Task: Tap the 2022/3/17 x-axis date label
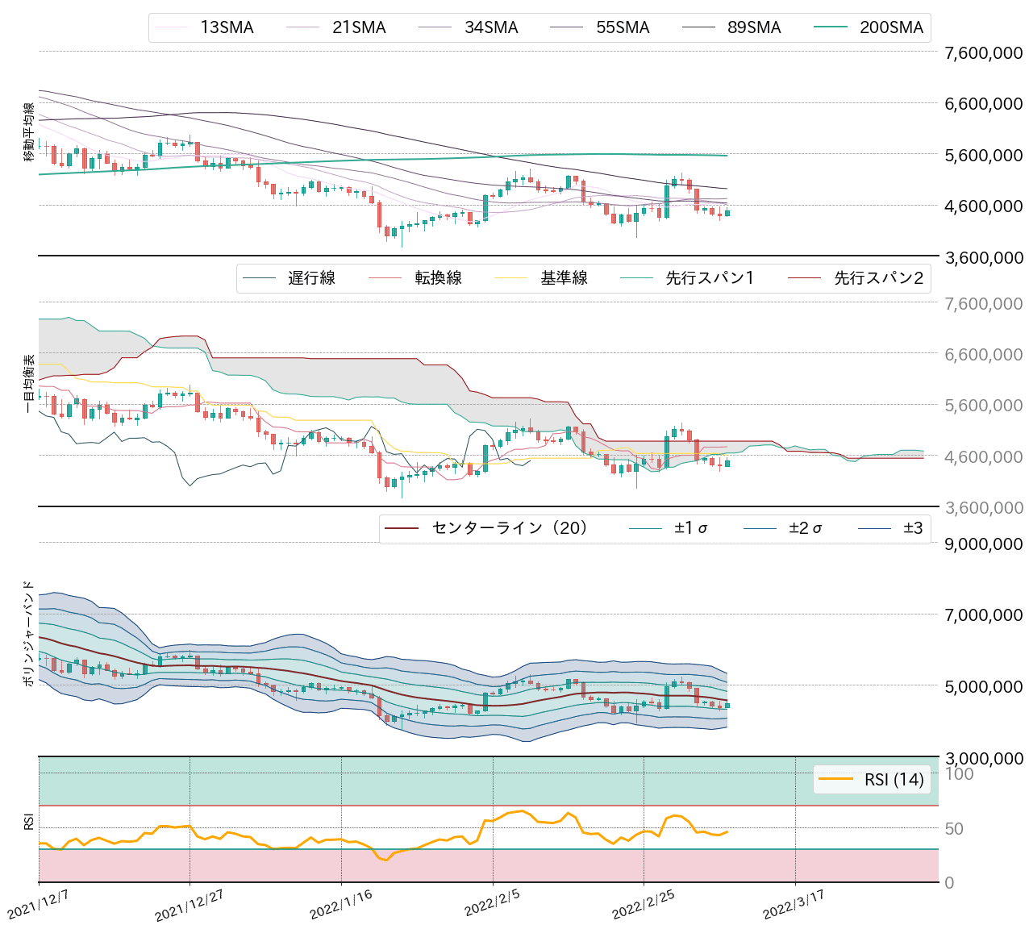(794, 904)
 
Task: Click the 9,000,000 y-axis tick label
(983, 544)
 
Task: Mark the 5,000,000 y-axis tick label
(983, 686)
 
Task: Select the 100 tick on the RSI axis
(959, 774)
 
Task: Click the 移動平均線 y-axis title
(29, 132)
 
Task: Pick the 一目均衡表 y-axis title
(29, 383)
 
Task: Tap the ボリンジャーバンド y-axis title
(29, 633)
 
